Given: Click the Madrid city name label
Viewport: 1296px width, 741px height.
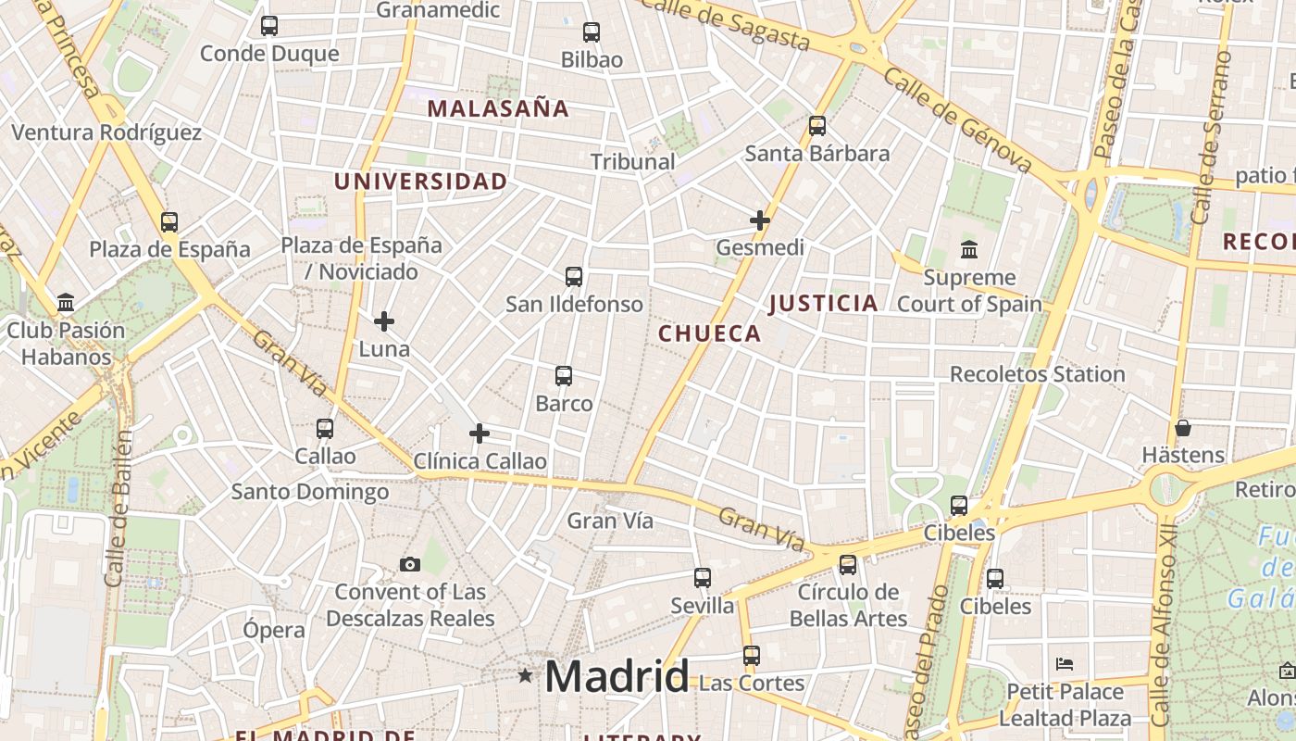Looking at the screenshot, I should point(617,676).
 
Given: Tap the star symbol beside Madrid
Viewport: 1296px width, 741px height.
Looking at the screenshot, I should point(525,675).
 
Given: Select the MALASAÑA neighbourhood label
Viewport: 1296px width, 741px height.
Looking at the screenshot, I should point(498,108).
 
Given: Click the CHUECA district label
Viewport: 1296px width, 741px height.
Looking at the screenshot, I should point(710,333).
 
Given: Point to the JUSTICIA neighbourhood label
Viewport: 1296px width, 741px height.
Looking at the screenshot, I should point(823,303).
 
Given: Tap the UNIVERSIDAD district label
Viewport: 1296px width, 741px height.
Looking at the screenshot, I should point(421,182).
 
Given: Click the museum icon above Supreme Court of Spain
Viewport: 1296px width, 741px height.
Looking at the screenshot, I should point(969,249).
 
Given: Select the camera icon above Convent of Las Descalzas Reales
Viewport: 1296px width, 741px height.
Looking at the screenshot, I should point(409,564).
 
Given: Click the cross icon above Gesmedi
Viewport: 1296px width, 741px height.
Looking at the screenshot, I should point(760,220).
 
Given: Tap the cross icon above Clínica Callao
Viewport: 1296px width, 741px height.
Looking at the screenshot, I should point(480,433).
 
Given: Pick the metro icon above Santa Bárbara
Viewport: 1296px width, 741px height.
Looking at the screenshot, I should point(817,126).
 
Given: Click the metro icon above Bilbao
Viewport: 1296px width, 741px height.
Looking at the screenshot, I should point(592,32).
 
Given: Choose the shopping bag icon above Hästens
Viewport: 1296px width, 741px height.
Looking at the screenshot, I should point(1183,428).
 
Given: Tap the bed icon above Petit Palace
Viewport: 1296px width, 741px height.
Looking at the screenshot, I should point(1065,664).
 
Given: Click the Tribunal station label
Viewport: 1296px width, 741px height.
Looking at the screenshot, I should point(633,161).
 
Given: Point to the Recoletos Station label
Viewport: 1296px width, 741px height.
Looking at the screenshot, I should point(1038,374).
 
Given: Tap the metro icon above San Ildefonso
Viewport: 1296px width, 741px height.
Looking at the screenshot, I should point(574,276).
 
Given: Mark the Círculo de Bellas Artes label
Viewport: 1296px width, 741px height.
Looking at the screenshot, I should point(849,604).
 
